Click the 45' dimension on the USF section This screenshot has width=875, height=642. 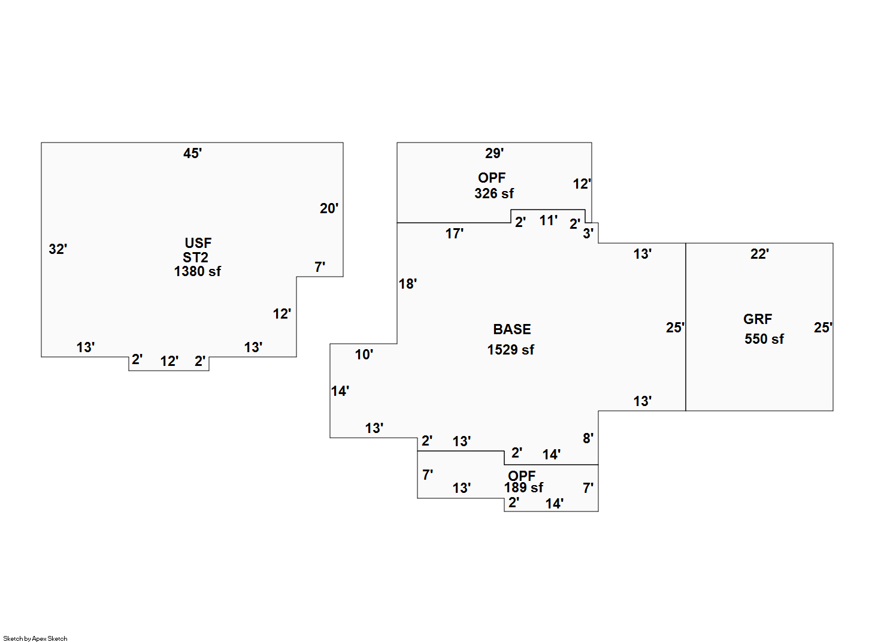click(x=193, y=153)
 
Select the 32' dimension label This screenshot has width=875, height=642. click(x=58, y=249)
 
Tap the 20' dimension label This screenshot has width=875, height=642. click(x=329, y=208)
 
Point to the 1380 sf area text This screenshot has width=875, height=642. click(x=197, y=271)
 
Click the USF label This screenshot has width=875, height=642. click(x=198, y=243)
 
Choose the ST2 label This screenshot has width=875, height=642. click(x=195, y=258)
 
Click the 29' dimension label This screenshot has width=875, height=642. click(x=495, y=153)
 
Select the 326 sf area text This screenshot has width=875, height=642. click(x=494, y=193)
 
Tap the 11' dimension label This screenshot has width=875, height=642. click(x=549, y=220)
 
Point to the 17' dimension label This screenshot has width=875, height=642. click(x=455, y=234)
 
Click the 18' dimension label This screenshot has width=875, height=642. click(x=408, y=284)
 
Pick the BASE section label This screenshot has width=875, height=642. click(x=511, y=329)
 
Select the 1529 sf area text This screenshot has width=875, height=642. click(x=510, y=350)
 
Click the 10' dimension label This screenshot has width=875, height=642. click(x=364, y=355)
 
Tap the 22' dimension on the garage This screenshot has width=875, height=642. click(x=760, y=254)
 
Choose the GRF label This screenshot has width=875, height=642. click(x=758, y=319)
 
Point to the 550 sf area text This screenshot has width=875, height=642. click(x=764, y=339)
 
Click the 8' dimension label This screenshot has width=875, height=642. click(x=588, y=438)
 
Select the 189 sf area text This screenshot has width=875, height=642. click(x=523, y=487)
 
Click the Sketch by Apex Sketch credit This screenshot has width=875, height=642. click(x=35, y=638)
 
